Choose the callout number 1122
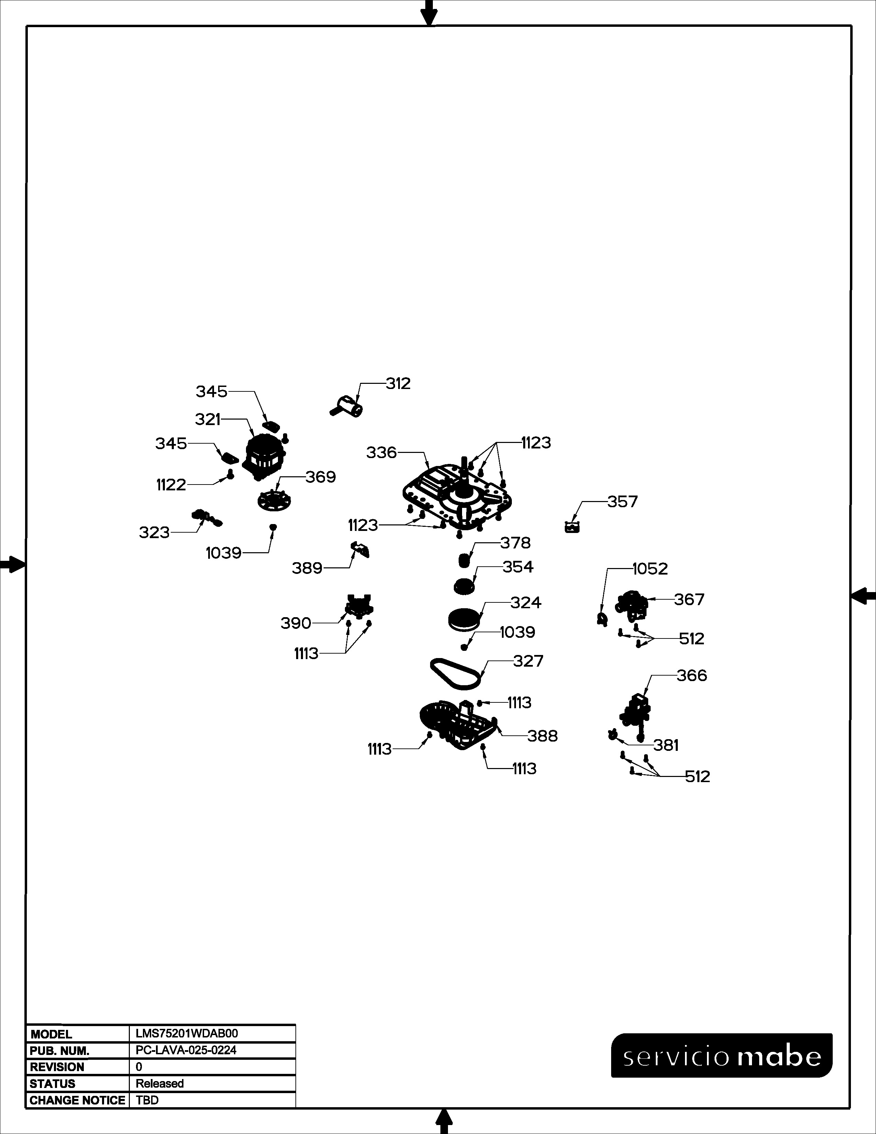coord(171,485)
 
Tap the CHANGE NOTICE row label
coord(77,1100)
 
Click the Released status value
coord(160,1083)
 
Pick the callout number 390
coord(296,623)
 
